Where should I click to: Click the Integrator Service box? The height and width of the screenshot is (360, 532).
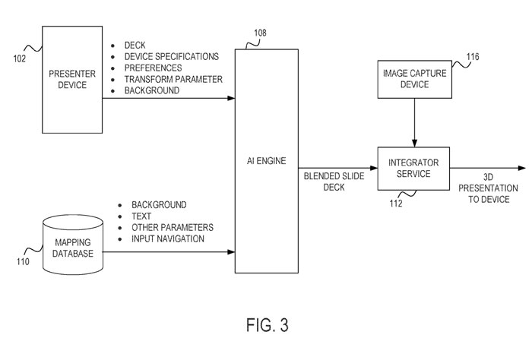pyautogui.click(x=413, y=168)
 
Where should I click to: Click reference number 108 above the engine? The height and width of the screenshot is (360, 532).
pyautogui.click(x=261, y=34)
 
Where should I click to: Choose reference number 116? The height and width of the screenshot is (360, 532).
pyautogui.click(x=473, y=55)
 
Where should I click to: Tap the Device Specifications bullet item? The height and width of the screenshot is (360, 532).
pyautogui.click(x=172, y=56)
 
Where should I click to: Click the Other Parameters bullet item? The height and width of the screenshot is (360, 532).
pyautogui.click(x=173, y=228)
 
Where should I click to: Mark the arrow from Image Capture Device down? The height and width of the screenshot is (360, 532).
pyautogui.click(x=413, y=122)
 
